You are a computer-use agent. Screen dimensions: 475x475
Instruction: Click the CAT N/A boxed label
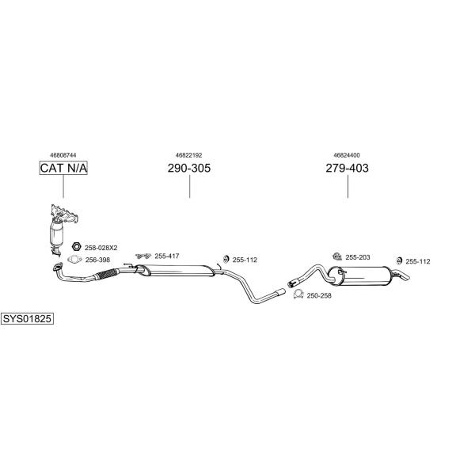63,168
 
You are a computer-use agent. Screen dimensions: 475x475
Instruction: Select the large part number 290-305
189,168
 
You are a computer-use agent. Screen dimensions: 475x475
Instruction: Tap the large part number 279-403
348,168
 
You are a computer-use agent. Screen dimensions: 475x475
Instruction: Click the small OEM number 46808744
63,155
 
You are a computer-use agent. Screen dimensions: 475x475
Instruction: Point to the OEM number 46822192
188,155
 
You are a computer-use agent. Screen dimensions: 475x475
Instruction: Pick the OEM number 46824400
347,155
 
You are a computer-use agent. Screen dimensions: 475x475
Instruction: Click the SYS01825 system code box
27,319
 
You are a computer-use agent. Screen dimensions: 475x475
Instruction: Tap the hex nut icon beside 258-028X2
76,246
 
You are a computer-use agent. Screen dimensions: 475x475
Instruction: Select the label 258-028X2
101,248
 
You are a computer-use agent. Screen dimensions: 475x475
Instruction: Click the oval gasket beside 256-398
74,260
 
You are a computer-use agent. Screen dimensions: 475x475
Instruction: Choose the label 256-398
97,260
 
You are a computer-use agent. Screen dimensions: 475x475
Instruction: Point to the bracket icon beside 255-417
143,256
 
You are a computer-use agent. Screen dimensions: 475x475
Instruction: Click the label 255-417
167,256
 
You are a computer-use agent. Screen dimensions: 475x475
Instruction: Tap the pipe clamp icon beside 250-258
298,294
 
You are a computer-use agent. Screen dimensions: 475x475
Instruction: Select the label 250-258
319,295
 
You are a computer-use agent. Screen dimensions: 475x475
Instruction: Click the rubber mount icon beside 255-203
337,256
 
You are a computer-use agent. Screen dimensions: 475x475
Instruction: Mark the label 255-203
358,257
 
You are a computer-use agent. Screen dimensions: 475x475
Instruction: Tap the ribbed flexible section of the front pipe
105,274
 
